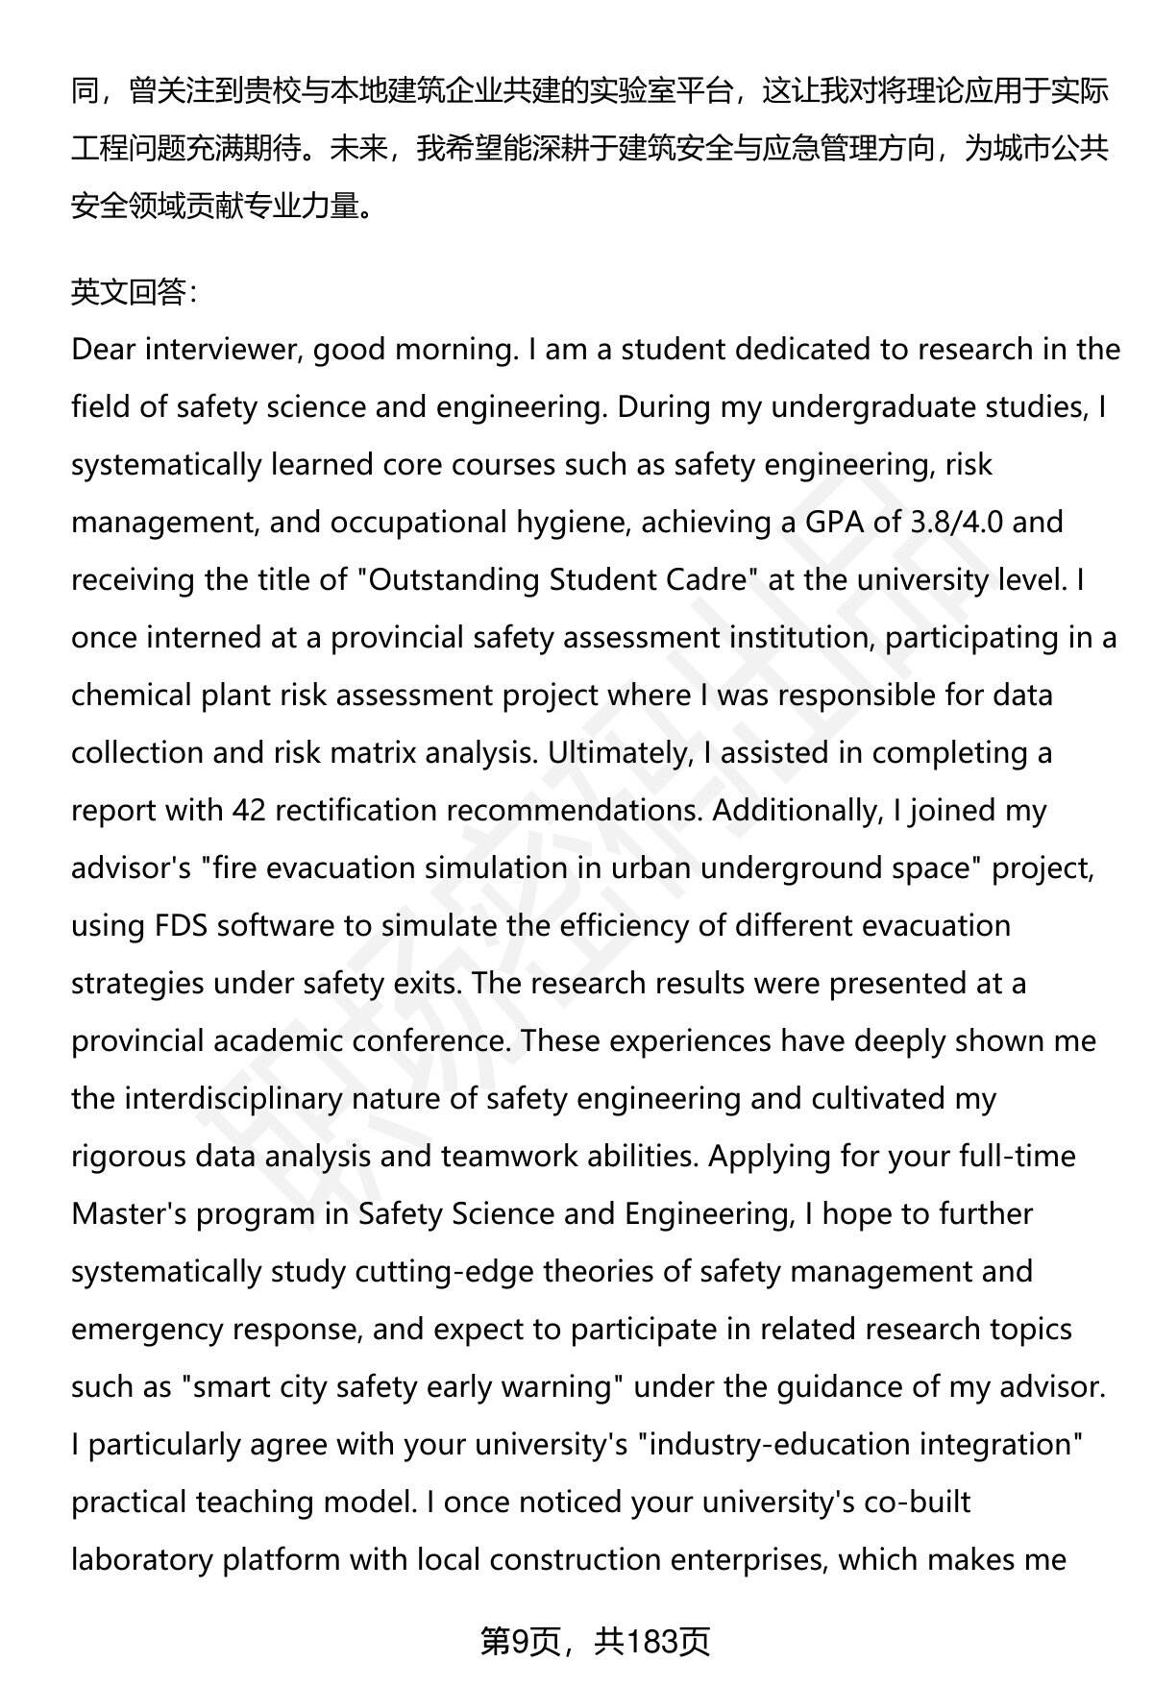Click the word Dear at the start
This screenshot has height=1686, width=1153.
point(103,349)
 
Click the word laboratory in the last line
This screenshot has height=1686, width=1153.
point(142,1559)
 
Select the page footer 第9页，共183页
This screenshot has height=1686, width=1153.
point(595,1642)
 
